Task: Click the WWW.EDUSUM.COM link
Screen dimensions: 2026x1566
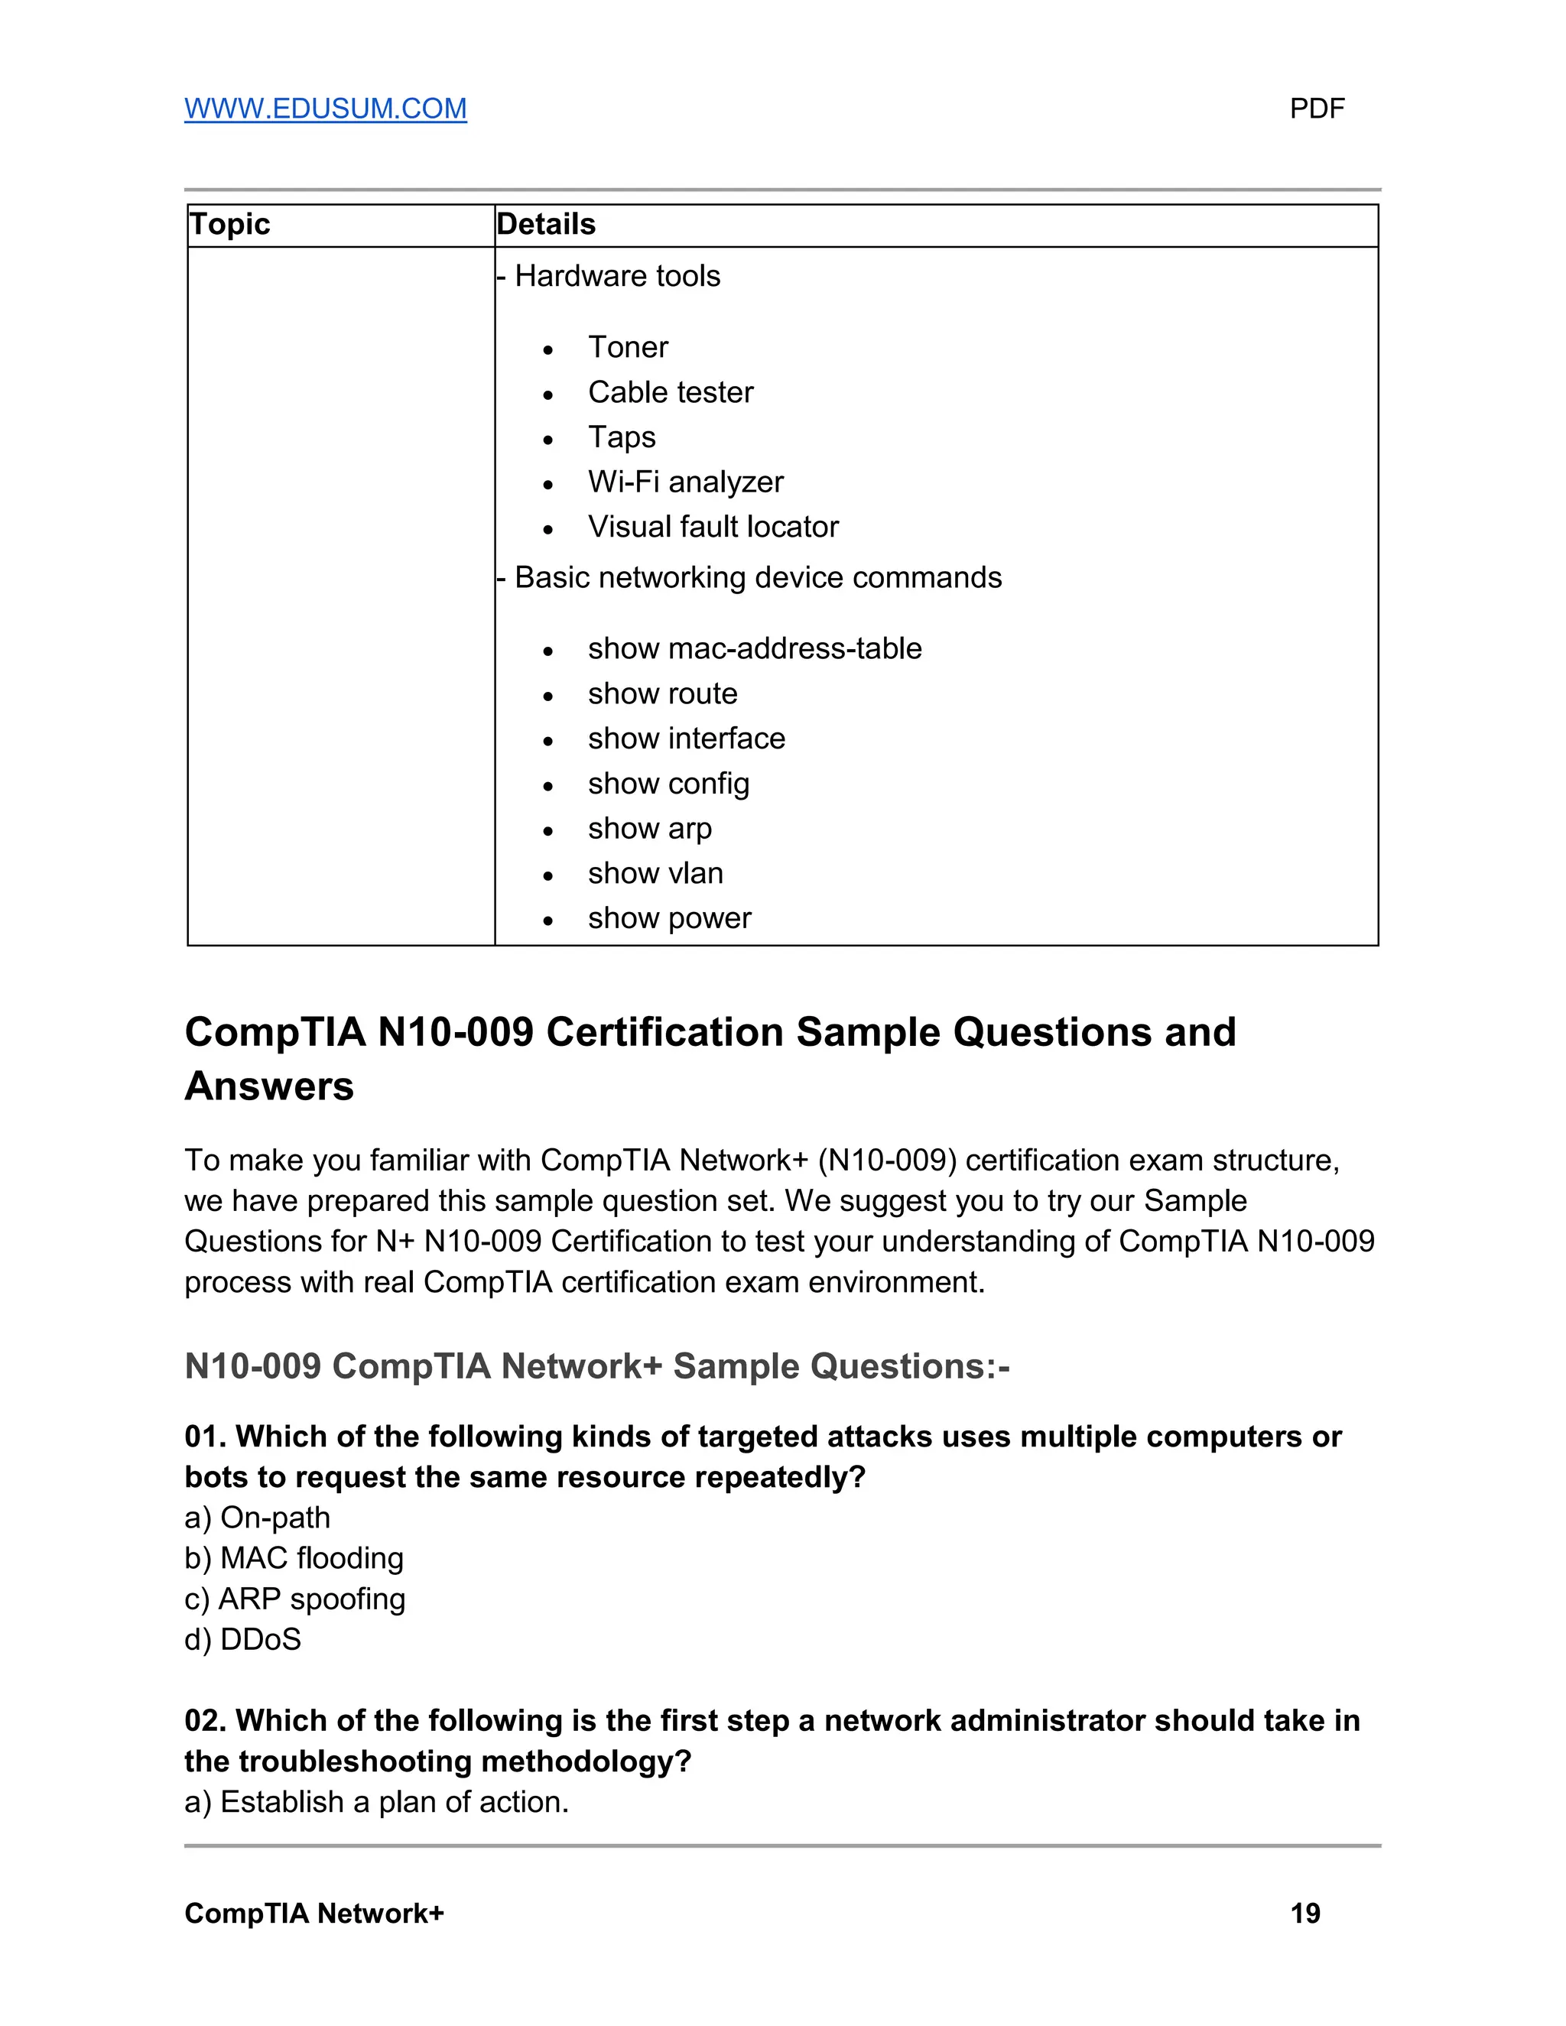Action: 325,109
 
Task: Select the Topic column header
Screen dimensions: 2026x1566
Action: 229,225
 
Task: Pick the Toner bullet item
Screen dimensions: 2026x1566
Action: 627,347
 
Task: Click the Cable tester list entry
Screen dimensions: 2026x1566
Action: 670,392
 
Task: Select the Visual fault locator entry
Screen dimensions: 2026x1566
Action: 713,527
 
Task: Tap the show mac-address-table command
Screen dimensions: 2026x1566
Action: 754,648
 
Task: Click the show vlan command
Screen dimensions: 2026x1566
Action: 655,873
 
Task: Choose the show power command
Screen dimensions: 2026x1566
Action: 669,918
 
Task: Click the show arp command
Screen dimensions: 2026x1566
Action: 649,829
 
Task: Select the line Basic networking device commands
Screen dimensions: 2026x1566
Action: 757,578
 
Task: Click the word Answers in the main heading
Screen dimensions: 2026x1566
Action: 269,1086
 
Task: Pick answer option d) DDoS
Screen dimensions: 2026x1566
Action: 243,1639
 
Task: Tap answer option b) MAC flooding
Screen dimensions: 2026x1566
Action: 294,1557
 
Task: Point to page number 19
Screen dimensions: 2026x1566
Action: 1304,1913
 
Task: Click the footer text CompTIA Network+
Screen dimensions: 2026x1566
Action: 314,1913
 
